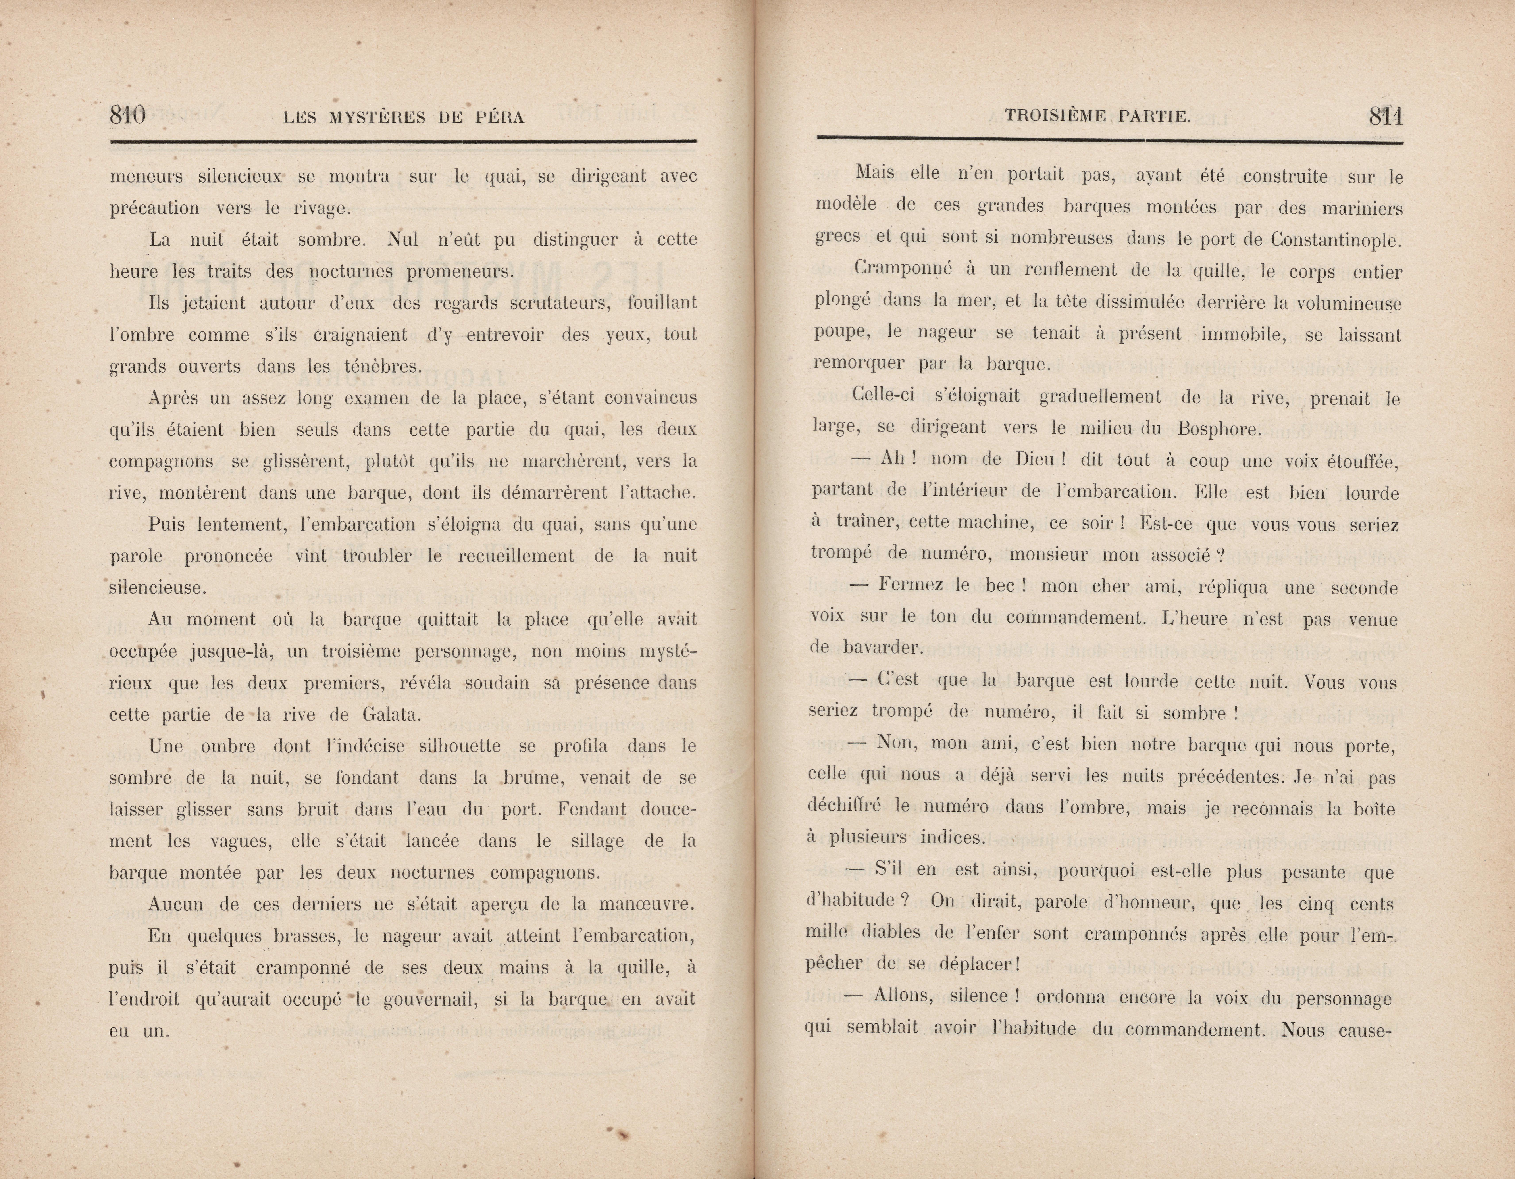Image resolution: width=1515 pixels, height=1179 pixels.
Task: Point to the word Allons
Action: [903, 996]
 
